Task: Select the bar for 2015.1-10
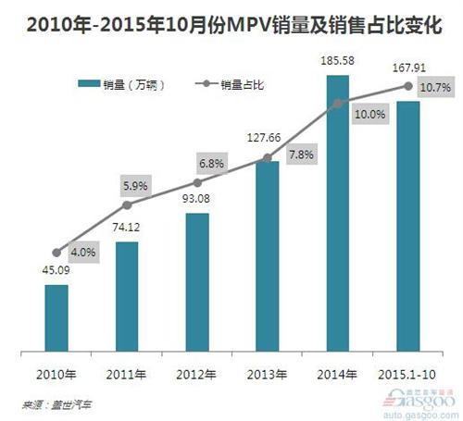(x=408, y=227)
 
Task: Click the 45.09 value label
(x=57, y=271)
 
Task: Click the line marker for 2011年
(x=127, y=204)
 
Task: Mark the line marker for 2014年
(x=338, y=104)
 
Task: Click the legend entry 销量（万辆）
(x=129, y=84)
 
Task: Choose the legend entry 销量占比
(x=233, y=84)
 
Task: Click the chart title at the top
(x=231, y=19)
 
